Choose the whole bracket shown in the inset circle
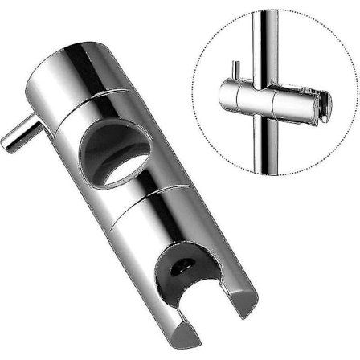pyautogui.click(x=277, y=104)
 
